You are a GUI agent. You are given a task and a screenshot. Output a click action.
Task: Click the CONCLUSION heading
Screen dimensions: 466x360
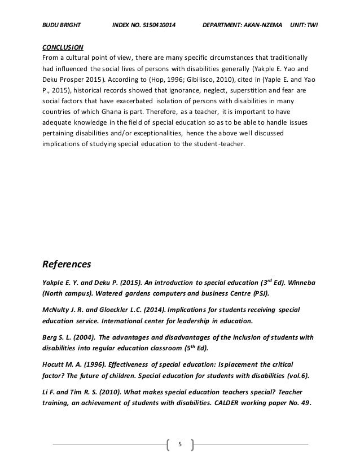(x=63, y=47)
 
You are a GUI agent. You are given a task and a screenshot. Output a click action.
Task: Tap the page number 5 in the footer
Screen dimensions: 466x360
(x=180, y=445)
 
